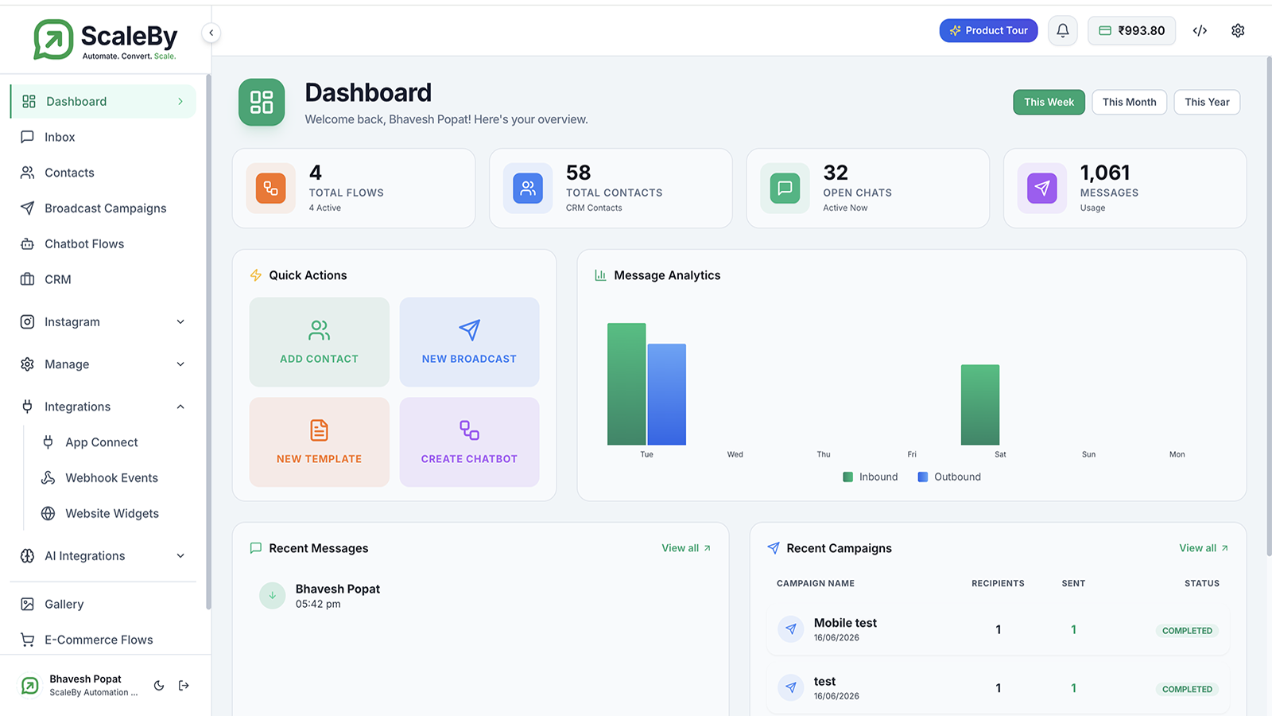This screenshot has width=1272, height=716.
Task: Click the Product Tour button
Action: tap(988, 31)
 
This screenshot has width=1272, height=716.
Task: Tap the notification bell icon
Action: tap(1062, 31)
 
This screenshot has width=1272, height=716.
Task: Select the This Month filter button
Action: tap(1129, 103)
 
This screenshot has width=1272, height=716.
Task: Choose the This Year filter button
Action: tap(1207, 103)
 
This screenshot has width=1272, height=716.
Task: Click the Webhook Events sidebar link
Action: tap(111, 478)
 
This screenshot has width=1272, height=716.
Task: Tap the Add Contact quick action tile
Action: tap(319, 342)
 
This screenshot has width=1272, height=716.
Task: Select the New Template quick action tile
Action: tap(319, 442)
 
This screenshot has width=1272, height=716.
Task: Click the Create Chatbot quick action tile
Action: tap(469, 442)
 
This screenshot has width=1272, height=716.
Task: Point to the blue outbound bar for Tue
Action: tap(667, 395)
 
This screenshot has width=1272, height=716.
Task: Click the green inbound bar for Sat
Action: tap(980, 405)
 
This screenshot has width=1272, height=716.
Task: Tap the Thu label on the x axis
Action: tap(824, 454)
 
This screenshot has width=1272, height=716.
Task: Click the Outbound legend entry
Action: tap(949, 477)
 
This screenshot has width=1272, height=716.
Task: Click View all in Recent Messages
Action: tap(686, 548)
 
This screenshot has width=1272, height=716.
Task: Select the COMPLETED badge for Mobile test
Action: tap(1187, 631)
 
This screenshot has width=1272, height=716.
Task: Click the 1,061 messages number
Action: tap(1104, 173)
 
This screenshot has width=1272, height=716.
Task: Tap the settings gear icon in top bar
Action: tap(1238, 31)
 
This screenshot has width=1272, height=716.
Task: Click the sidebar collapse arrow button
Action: tap(211, 33)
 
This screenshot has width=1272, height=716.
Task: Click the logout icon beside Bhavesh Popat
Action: tap(184, 685)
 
